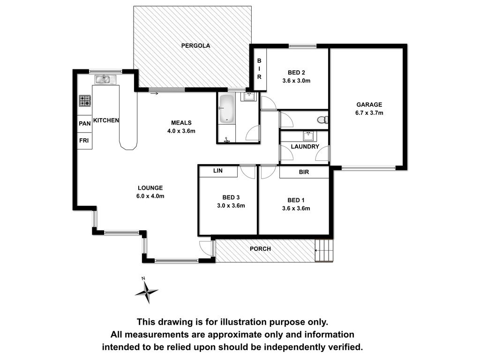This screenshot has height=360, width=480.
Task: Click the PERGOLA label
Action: coord(195,45)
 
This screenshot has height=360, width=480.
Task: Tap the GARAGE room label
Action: coord(369,105)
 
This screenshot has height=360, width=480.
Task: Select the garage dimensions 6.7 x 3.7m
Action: coord(369,112)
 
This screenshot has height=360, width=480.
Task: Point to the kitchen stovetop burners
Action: coord(85,100)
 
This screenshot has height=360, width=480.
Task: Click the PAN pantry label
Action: coord(85,123)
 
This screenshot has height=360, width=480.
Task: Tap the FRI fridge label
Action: coord(84,140)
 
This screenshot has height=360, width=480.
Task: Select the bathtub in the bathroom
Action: coord(227,109)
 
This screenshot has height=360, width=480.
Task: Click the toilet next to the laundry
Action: coord(322,120)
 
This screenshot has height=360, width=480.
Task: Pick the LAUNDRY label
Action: coord(305,147)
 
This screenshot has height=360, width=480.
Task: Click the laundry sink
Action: coord(307,135)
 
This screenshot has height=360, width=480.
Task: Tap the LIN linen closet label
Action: coord(218,171)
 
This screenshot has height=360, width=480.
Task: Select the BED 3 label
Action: coord(231,197)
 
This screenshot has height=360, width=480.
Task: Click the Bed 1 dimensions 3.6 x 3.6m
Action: coord(296,209)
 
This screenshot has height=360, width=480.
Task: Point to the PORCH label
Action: coord(260,249)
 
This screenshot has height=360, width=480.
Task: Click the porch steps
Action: coord(324,250)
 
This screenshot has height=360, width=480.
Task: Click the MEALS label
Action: coord(181,123)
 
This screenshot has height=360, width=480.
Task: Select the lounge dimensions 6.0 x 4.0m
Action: coord(150,196)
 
